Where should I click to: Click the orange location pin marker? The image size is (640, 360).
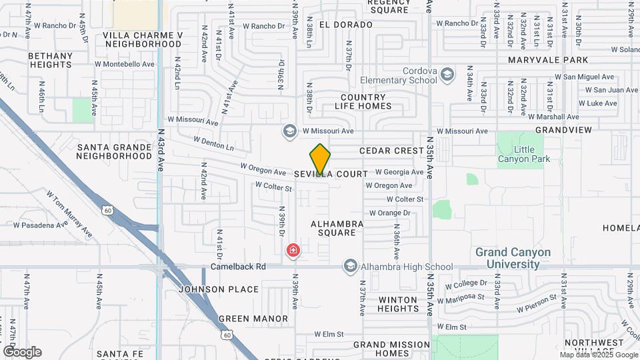pyautogui.click(x=320, y=160)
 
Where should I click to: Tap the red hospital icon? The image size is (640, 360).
pyautogui.click(x=293, y=251)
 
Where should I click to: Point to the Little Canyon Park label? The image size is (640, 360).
pyautogui.click(x=524, y=154)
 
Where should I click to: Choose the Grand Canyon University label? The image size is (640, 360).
pyautogui.click(x=513, y=258)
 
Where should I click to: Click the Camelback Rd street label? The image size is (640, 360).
pyautogui.click(x=238, y=267)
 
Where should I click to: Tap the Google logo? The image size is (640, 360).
pyautogui.click(x=22, y=352)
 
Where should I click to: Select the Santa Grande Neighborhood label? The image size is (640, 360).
pyautogui.click(x=114, y=151)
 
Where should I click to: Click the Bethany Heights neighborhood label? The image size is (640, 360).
pyautogui.click(x=51, y=60)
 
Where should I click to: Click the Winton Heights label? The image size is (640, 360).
pyautogui.click(x=398, y=304)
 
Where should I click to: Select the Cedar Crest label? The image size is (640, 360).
pyautogui.click(x=391, y=151)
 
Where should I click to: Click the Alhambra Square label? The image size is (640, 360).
pyautogui.click(x=337, y=228)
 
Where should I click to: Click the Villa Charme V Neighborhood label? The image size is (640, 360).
pyautogui.click(x=143, y=39)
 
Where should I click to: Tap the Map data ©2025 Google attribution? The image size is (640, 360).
pyautogui.click(x=599, y=355)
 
